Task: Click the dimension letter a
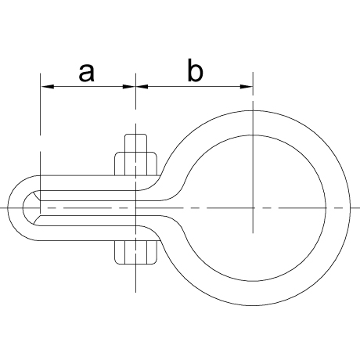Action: pyautogui.click(x=86, y=73)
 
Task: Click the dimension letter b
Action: pyautogui.click(x=195, y=70)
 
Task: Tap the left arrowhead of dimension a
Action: pyautogui.click(x=47, y=86)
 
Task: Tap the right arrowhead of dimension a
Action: pyautogui.click(x=129, y=86)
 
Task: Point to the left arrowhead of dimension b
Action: pyautogui.click(x=142, y=86)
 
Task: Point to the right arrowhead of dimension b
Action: pyautogui.click(x=247, y=86)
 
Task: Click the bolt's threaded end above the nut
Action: pyautogui.click(x=135, y=143)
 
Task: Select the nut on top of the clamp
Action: pyautogui.click(x=136, y=164)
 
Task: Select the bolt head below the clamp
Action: pyautogui.click(x=136, y=252)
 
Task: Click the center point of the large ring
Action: pyautogui.click(x=253, y=208)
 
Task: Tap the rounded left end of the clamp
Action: pyautogui.click(x=15, y=208)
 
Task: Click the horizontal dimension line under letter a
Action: pyautogui.click(x=88, y=86)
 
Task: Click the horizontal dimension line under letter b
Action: pyautogui.click(x=194, y=86)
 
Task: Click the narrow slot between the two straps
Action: pyautogui.click(x=99, y=208)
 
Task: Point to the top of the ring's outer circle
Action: pyautogui.click(x=253, y=110)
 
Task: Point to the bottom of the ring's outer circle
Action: pyautogui.click(x=253, y=305)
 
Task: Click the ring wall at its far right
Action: pyautogui.click(x=338, y=208)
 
